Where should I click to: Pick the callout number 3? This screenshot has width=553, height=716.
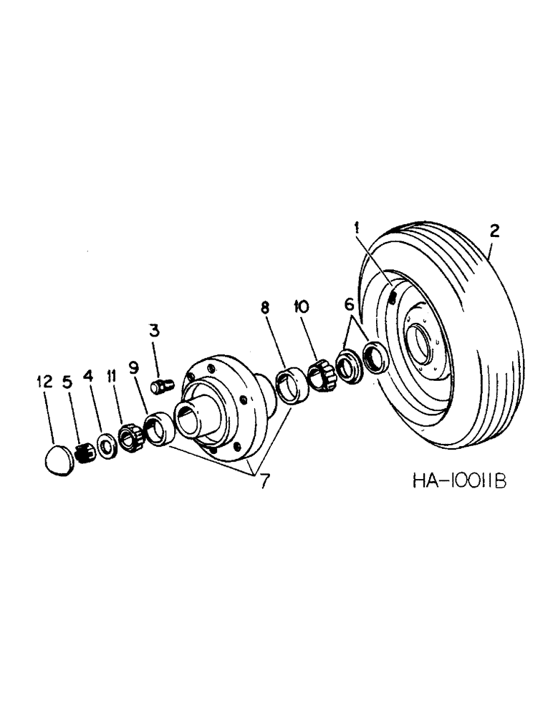154,331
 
